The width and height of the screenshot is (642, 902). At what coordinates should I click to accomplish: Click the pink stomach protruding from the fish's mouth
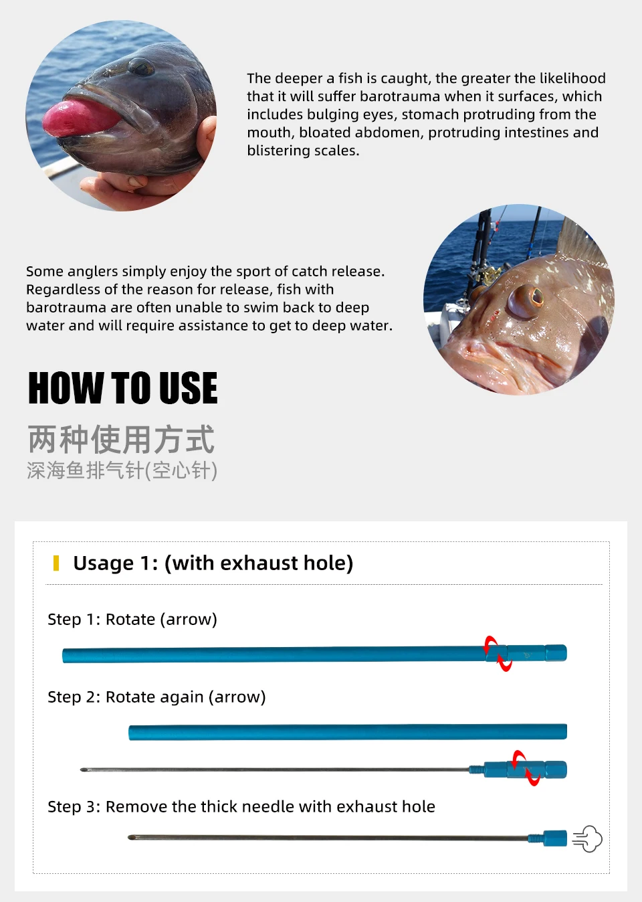point(80,118)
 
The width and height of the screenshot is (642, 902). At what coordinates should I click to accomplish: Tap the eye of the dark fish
point(141,66)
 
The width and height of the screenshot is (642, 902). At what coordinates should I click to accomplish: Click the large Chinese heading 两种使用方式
point(121,439)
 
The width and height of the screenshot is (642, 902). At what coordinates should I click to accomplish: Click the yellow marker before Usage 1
point(56,563)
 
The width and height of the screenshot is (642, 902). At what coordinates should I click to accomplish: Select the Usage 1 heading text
point(213,563)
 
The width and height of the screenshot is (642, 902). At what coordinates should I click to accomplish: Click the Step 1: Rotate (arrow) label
point(132,620)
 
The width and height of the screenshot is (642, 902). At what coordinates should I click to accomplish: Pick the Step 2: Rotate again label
point(156,697)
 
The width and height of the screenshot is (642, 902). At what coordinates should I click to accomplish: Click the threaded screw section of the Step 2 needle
point(477,770)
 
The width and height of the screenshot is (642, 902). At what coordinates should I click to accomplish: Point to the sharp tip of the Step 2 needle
point(82,770)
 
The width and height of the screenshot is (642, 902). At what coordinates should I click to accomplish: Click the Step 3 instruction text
point(241,807)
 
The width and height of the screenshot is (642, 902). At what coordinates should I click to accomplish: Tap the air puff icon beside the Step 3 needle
point(588,839)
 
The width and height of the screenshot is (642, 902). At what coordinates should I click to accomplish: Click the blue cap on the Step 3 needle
point(555,838)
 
